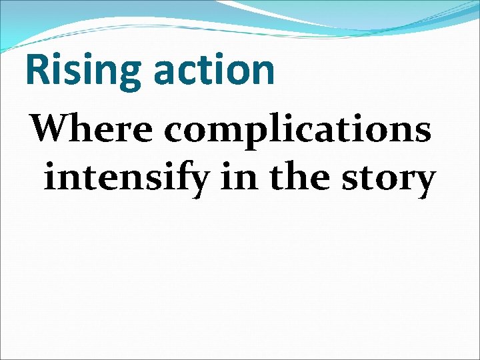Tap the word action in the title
(x=213, y=69)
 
